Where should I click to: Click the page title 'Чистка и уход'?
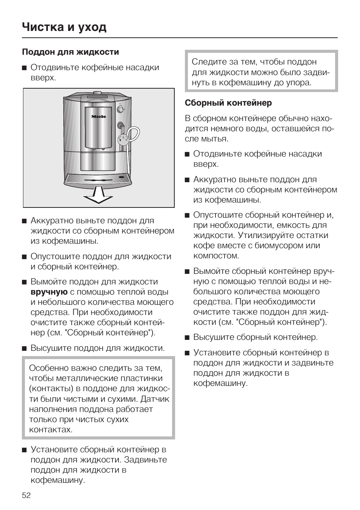click(64, 27)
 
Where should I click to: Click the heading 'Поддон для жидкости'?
click(71, 52)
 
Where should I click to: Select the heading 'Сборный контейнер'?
click(228, 103)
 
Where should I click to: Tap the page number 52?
click(26, 495)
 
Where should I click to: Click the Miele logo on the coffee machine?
click(98, 117)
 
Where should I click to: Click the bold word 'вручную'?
click(49, 292)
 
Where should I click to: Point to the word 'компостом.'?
click(216, 256)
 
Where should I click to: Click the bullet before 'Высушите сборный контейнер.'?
click(187, 337)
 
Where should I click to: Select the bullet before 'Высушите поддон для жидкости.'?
click(24, 348)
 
